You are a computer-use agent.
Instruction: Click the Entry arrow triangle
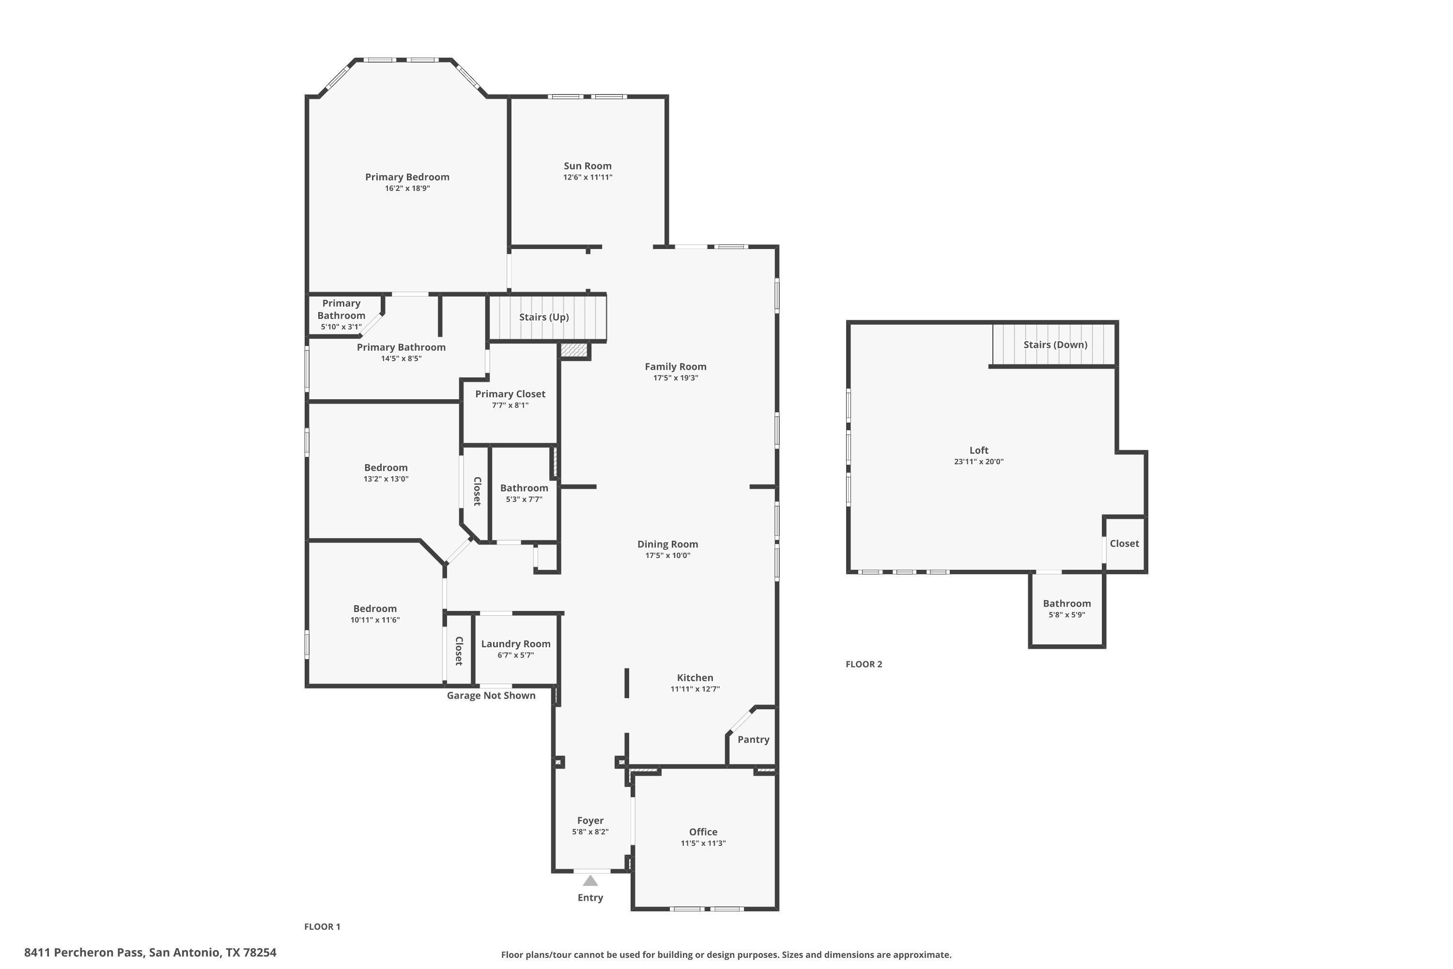click(590, 881)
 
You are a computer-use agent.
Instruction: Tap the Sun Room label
click(587, 166)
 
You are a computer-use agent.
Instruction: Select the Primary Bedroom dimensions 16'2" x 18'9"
click(407, 188)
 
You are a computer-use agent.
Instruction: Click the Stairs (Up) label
click(543, 317)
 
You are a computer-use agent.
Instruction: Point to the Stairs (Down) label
click(1055, 345)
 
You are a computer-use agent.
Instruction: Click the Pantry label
click(753, 740)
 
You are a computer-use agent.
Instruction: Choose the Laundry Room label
click(516, 644)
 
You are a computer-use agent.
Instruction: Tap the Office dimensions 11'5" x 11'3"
click(703, 843)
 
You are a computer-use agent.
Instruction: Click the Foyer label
click(590, 821)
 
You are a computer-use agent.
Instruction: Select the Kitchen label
click(695, 678)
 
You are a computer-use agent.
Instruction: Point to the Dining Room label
click(668, 545)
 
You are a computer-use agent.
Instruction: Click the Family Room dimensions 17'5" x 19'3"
click(676, 377)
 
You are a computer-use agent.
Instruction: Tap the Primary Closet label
click(510, 394)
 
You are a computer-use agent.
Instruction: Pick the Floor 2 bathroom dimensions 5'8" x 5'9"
click(1067, 615)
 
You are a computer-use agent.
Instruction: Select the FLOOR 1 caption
click(323, 926)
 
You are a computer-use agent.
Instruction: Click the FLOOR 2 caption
click(864, 664)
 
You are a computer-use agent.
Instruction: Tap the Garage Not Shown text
click(491, 696)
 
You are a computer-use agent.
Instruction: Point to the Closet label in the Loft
click(1124, 544)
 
